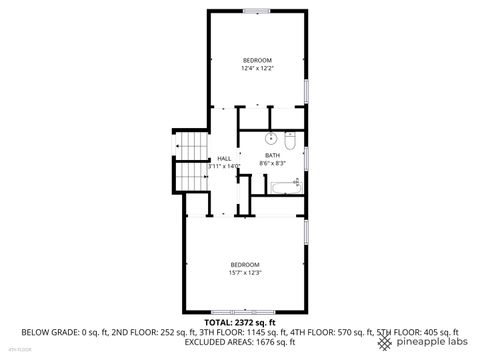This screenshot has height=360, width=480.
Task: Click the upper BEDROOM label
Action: [x=257, y=62]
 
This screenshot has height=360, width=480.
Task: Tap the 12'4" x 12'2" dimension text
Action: [x=257, y=70]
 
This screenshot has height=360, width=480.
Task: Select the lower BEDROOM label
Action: [x=245, y=264]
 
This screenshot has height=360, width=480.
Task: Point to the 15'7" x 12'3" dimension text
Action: [x=245, y=272]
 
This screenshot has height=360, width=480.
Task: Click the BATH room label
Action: [x=272, y=155]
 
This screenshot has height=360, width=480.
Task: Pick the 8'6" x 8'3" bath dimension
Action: [x=272, y=163]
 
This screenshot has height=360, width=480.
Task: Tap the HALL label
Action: [x=224, y=158]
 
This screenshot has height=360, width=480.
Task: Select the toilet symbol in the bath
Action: [x=289, y=138]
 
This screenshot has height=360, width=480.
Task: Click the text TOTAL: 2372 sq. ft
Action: [x=240, y=323]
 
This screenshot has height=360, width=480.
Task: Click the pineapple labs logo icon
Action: [x=385, y=342]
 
